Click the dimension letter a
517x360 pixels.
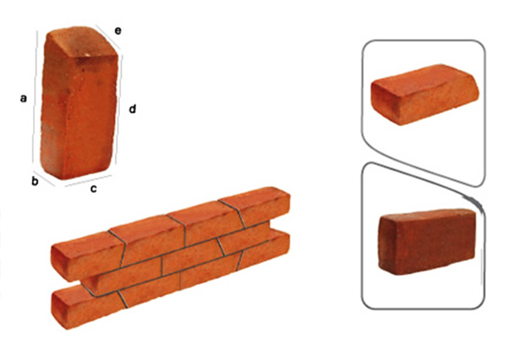[23, 98]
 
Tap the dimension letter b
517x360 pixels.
[35, 181]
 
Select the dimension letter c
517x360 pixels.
[93, 189]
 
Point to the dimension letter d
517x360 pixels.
[132, 108]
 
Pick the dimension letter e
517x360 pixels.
[118, 31]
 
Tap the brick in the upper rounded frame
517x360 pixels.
[425, 95]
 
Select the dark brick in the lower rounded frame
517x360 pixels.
[427, 242]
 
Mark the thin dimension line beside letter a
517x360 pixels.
[35, 97]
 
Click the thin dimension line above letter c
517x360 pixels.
[88, 181]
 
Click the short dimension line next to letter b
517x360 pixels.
[44, 179]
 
